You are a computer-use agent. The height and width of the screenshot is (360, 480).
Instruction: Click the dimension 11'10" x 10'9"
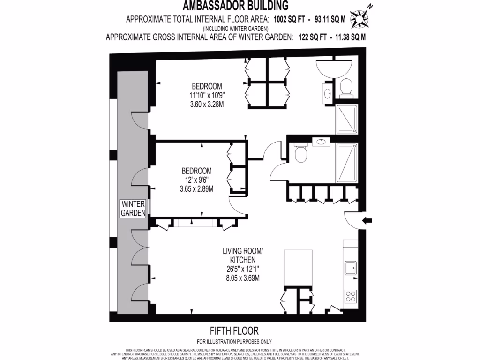pos(204,95)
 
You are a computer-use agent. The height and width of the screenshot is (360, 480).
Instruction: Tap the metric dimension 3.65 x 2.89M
pos(196,189)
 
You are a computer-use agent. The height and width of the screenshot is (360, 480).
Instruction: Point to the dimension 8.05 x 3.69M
pos(242,277)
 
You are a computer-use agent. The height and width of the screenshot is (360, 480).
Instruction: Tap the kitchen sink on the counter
pos(350,268)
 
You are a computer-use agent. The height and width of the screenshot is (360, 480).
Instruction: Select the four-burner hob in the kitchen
pos(350,296)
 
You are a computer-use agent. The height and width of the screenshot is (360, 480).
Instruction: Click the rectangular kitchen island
pos(298,268)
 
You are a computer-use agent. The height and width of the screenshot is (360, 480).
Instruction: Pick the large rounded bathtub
pos(333,69)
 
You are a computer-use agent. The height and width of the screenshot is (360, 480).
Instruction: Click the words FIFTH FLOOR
pos(234,331)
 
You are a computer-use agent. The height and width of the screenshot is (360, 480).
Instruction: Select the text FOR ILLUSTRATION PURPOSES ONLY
pos(234,341)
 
